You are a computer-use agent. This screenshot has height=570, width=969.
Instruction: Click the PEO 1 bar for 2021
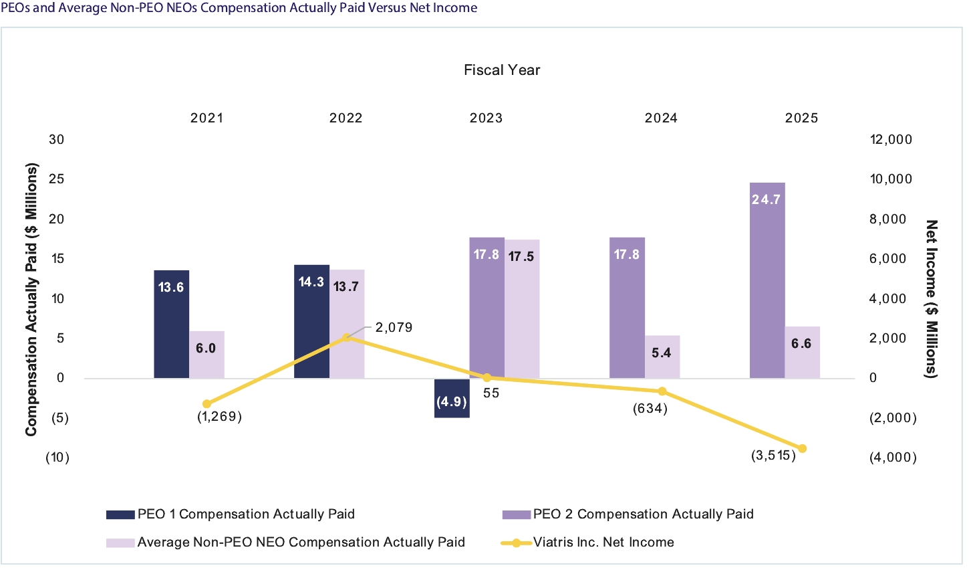click(x=172, y=324)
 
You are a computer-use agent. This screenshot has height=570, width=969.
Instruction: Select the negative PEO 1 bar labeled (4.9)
click(x=452, y=398)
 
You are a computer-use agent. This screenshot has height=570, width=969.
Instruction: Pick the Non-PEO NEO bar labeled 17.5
click(x=522, y=308)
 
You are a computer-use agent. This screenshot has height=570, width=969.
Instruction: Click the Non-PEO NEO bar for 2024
click(x=662, y=357)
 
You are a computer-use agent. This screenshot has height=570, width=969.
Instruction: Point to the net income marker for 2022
click(x=346, y=337)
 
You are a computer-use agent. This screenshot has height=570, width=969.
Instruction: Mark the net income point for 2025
click(x=803, y=448)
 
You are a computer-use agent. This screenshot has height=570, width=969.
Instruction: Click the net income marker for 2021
click(x=206, y=404)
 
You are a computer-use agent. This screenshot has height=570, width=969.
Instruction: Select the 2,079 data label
click(x=394, y=327)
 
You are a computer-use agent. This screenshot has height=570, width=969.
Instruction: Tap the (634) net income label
click(x=650, y=408)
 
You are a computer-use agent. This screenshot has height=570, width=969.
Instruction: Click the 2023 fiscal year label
click(x=486, y=118)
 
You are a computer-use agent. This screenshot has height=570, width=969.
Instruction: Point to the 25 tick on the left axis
click(x=57, y=179)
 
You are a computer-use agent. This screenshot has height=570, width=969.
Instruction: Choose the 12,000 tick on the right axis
click(x=890, y=139)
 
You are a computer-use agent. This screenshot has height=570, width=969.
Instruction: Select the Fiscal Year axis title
click(x=502, y=70)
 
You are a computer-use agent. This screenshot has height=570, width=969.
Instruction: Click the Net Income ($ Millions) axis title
click(x=931, y=298)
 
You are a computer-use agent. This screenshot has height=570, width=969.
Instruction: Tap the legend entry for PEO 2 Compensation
click(x=643, y=514)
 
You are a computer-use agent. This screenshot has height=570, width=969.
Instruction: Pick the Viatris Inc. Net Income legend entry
click(x=603, y=542)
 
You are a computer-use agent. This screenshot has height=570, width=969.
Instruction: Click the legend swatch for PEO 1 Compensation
click(x=120, y=514)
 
